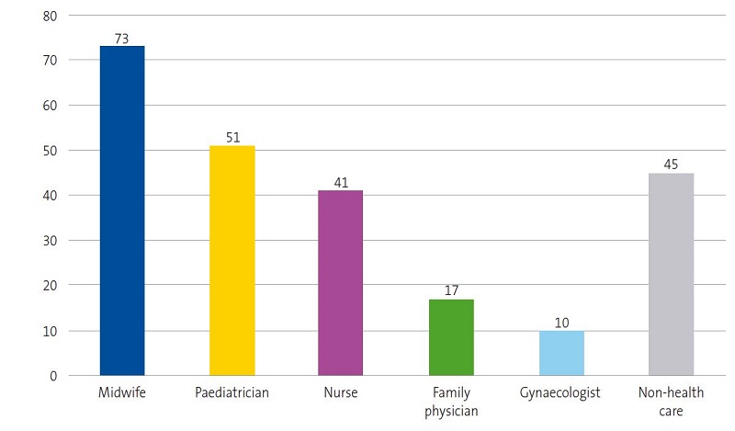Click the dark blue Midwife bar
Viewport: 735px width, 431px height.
121,210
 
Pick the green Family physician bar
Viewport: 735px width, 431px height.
451,337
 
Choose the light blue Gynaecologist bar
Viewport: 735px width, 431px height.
561,353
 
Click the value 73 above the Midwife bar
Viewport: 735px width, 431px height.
121,38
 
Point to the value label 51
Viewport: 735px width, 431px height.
232,138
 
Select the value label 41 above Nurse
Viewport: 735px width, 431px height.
341,183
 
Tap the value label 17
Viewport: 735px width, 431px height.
451,291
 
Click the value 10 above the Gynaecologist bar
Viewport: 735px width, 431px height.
561,323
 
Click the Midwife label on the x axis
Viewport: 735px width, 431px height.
121,393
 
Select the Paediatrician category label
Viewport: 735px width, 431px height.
232,393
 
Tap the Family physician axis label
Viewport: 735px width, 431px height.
451,402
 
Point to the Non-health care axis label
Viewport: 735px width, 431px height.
671,402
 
